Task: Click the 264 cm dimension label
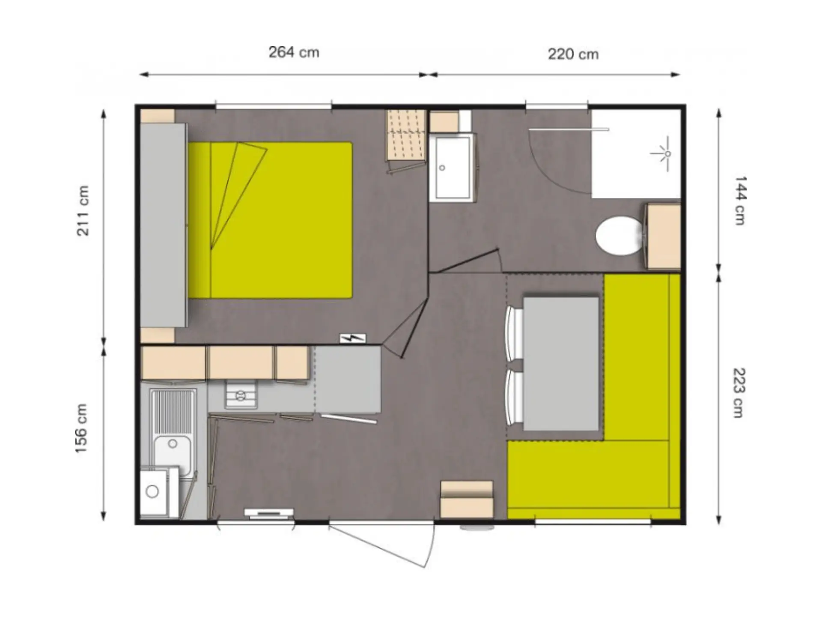tap(294, 52)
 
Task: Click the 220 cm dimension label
tap(573, 54)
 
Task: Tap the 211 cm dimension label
tap(83, 210)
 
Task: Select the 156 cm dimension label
tap(81, 428)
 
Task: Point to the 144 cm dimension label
tap(740, 201)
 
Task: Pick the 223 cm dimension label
tap(739, 392)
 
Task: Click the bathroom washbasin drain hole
tap(442, 168)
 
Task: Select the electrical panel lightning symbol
tap(353, 338)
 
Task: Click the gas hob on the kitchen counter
tap(241, 395)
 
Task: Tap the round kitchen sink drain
tap(173, 444)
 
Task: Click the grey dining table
tap(561, 364)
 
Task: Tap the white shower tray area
tap(636, 154)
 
